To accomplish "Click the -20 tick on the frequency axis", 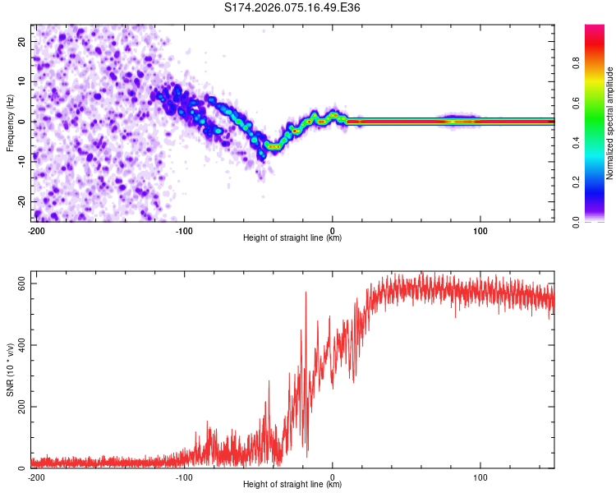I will (23, 201).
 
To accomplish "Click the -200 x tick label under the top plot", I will (35, 229).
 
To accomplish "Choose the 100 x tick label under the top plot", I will (481, 229).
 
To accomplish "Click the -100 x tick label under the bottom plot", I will (183, 477).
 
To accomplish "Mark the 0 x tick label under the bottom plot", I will (333, 477).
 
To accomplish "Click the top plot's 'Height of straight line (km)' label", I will (292, 238).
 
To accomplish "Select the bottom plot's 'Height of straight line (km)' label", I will (292, 485).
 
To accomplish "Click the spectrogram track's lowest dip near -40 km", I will (273, 146).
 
